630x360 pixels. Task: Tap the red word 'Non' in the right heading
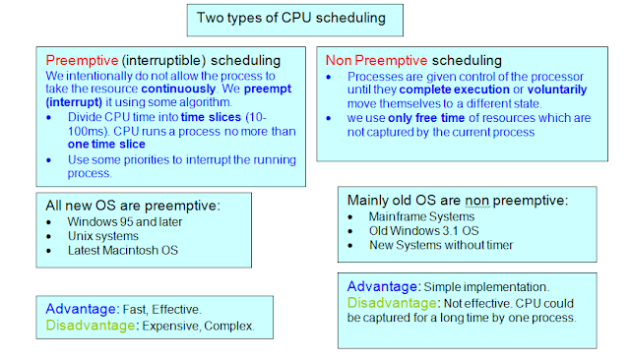pyautogui.click(x=342, y=59)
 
